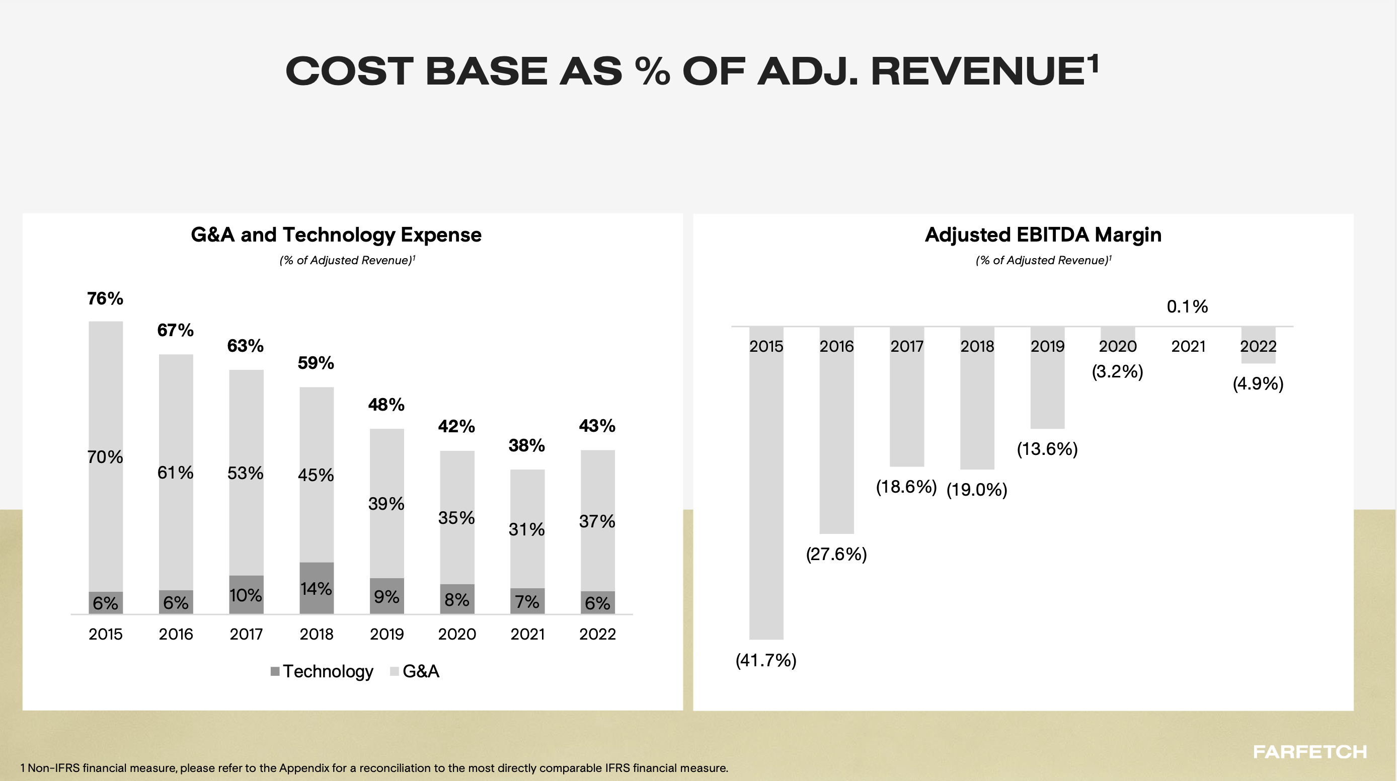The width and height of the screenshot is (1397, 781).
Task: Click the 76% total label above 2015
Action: (105, 298)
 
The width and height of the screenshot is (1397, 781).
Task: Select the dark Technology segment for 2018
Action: (316, 588)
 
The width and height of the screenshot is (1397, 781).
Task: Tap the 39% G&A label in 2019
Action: (386, 503)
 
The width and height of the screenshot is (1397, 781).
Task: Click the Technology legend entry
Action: (322, 671)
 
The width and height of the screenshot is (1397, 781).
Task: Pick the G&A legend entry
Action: (415, 671)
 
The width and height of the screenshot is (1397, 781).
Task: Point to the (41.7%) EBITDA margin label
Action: (766, 660)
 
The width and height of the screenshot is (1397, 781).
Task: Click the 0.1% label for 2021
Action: (1187, 307)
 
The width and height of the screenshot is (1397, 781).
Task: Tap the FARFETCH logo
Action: (1309, 752)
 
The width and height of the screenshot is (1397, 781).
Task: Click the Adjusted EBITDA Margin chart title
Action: (1043, 235)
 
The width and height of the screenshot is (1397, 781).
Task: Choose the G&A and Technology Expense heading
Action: (336, 235)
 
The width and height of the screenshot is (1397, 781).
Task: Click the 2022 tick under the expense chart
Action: (597, 634)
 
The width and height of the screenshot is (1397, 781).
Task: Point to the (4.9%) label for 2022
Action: (1258, 384)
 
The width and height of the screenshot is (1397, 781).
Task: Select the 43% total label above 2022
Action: (597, 426)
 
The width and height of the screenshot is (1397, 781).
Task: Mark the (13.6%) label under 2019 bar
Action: (1047, 449)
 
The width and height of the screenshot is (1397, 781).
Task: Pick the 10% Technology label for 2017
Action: (246, 595)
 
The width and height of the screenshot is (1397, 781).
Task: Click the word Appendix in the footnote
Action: (304, 768)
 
